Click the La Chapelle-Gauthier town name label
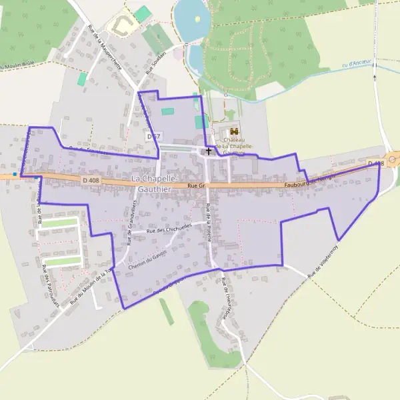(155, 184)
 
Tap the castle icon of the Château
(233, 132)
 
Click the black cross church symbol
(209, 151)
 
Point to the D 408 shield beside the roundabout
(375, 163)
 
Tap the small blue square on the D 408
(14, 174)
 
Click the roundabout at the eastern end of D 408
(394, 159)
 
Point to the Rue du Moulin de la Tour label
(89, 287)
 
